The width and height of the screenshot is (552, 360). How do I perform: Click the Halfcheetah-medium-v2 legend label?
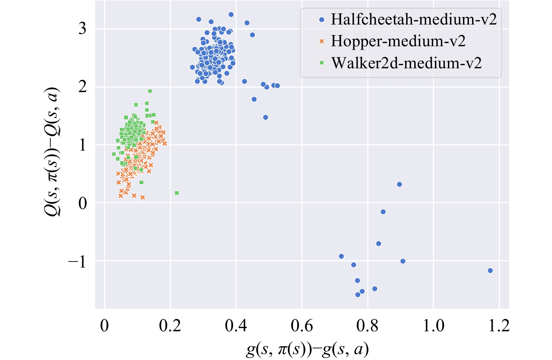(414, 19)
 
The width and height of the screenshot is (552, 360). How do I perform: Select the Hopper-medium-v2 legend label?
(398, 41)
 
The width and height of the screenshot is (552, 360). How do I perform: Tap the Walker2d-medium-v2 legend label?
(407, 63)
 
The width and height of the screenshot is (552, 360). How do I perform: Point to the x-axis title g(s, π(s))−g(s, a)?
(307, 349)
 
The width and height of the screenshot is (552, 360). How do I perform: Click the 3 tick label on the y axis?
(82, 29)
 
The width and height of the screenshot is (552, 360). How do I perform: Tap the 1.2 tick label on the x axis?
(499, 326)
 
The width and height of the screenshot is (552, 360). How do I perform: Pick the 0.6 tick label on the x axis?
(301, 326)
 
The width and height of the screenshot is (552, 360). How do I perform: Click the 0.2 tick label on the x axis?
(170, 326)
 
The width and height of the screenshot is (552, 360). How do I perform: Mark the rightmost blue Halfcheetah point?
(490, 271)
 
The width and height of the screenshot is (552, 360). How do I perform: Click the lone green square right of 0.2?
(177, 193)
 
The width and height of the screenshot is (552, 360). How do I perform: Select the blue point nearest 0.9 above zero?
(399, 185)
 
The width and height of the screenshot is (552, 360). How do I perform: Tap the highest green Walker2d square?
(150, 91)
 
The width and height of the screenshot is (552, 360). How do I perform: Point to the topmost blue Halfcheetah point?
(231, 15)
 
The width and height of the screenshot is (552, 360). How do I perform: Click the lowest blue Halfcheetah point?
(357, 295)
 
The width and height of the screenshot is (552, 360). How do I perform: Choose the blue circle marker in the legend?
(322, 20)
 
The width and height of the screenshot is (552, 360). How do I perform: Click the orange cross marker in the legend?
(322, 41)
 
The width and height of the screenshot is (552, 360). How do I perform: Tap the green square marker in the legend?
(322, 63)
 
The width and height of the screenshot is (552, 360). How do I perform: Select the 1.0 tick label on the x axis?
(433, 326)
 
